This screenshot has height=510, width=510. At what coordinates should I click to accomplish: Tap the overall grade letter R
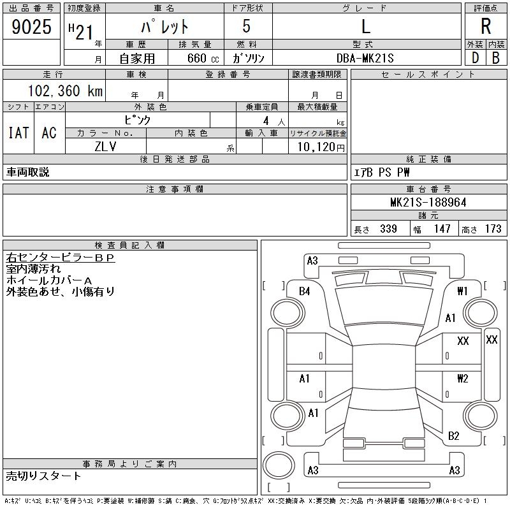click(x=486, y=27)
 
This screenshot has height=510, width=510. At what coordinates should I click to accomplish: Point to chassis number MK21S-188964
click(x=428, y=203)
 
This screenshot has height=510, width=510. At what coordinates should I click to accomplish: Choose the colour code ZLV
click(x=106, y=145)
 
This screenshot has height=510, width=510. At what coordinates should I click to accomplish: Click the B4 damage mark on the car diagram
click(x=305, y=291)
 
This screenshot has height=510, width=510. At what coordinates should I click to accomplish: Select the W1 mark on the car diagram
click(x=463, y=291)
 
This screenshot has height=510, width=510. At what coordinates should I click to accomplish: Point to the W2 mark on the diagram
click(x=463, y=379)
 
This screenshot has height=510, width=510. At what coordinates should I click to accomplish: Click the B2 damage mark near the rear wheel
click(x=454, y=436)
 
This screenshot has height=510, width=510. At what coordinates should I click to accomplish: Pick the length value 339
click(x=388, y=229)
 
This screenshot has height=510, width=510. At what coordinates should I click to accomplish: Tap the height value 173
click(x=493, y=229)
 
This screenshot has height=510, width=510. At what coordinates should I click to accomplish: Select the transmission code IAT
click(x=18, y=133)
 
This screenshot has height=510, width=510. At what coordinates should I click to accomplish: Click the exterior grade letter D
click(x=475, y=58)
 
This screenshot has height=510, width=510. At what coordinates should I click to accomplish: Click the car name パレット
click(x=164, y=27)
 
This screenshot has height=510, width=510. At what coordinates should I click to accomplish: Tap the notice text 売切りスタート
click(x=44, y=476)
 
